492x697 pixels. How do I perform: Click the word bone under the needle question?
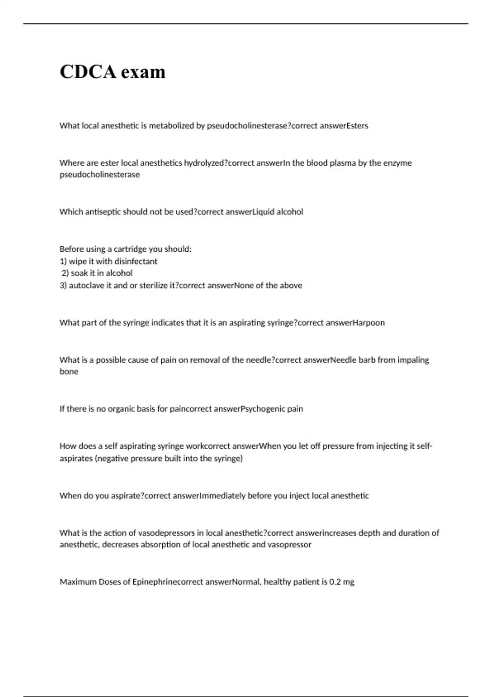click(x=69, y=371)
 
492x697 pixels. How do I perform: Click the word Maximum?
click(x=78, y=582)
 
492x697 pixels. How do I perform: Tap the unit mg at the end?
click(x=348, y=582)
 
